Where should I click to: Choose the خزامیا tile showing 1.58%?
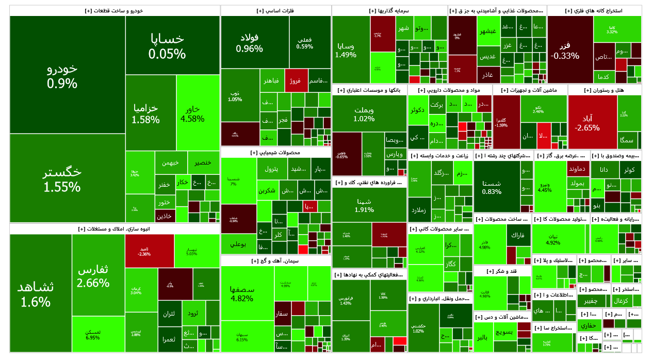click(x=145, y=113)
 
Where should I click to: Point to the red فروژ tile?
click(x=296, y=80)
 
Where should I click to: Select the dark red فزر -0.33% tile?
click(x=565, y=50)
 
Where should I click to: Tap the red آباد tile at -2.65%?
click(x=592, y=122)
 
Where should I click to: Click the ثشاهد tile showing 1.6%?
click(x=40, y=293)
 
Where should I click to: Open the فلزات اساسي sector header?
click(x=275, y=11)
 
